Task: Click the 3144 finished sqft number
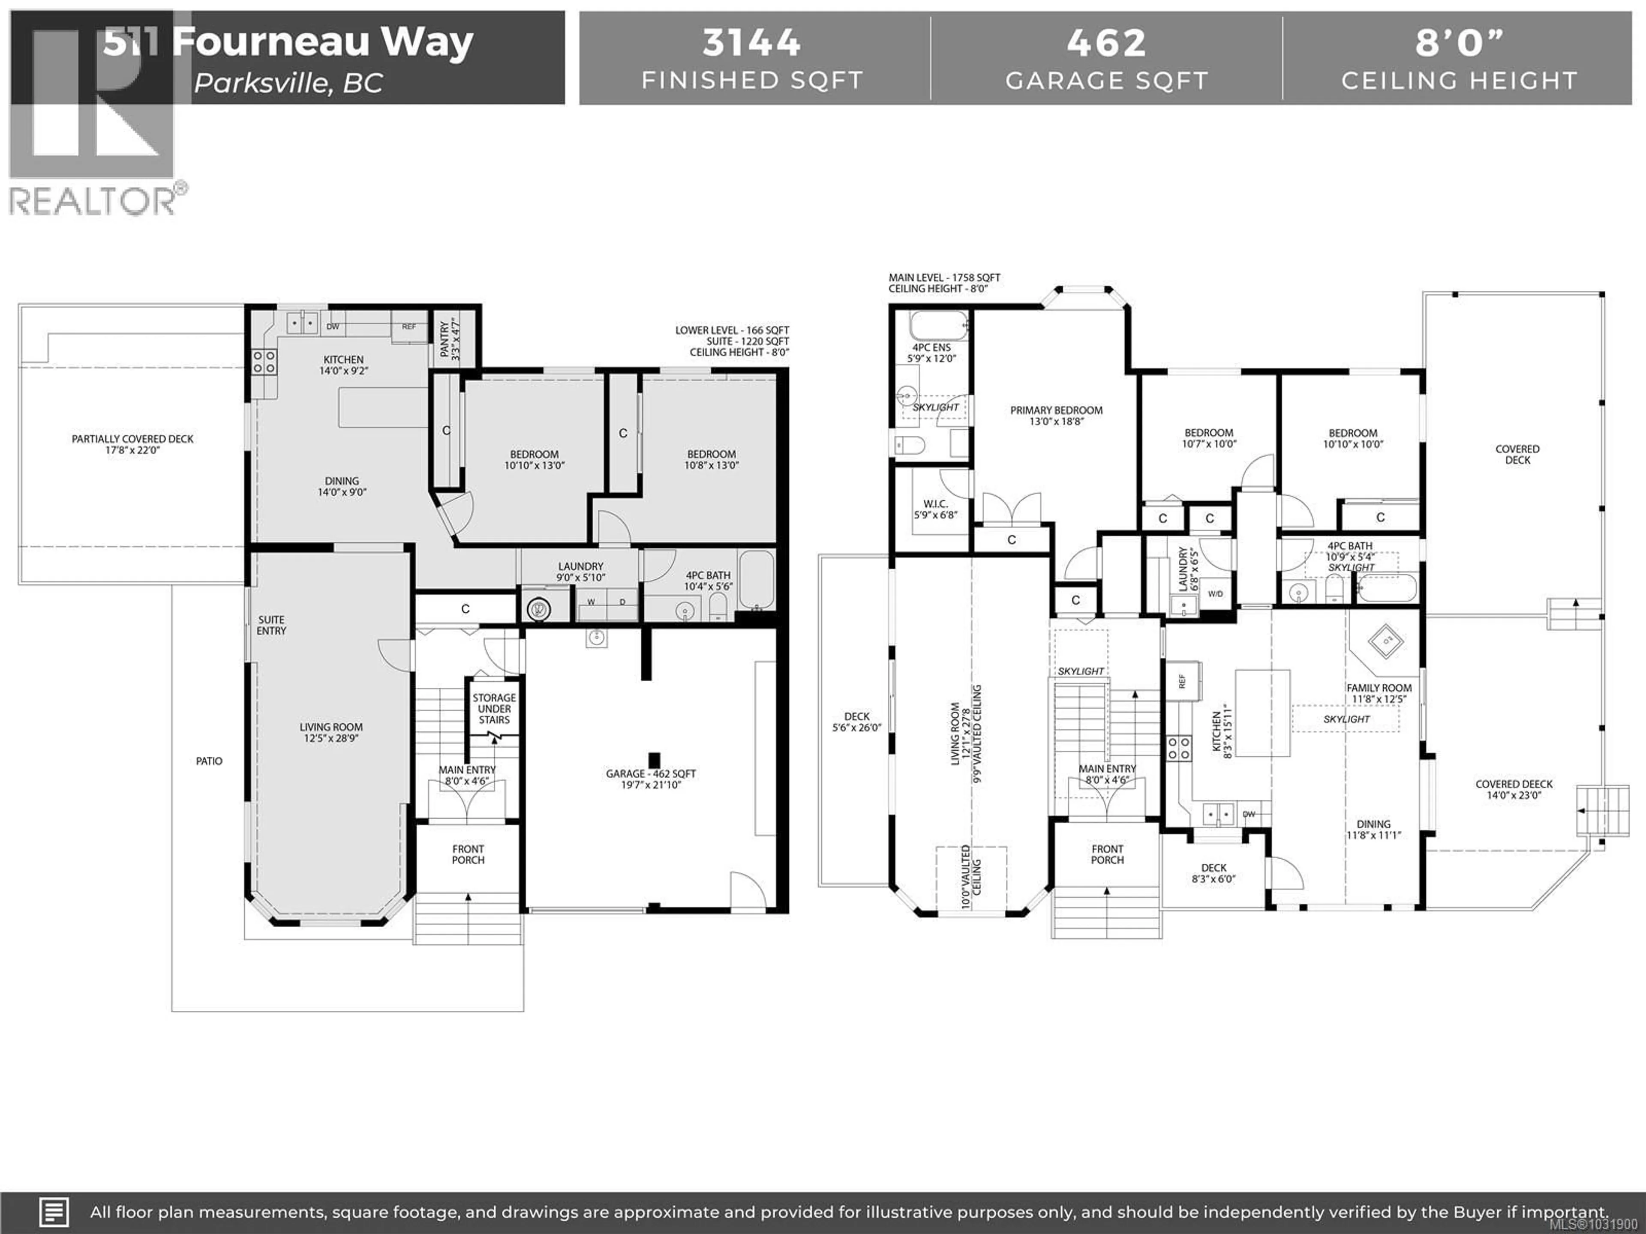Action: (x=751, y=42)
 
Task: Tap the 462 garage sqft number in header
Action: (x=1106, y=42)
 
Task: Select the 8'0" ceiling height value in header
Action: (x=1459, y=42)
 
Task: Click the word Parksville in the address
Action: (x=262, y=83)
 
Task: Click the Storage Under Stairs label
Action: (x=494, y=708)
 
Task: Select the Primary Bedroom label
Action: (x=1056, y=410)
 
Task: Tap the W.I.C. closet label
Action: (x=935, y=503)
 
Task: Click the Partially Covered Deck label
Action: (x=132, y=439)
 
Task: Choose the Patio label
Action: (x=209, y=761)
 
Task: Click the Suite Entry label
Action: (x=272, y=625)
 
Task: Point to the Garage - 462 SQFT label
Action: (x=650, y=773)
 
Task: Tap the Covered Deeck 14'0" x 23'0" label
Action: (x=1514, y=789)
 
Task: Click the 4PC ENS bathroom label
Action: (x=931, y=347)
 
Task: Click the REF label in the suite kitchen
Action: (x=408, y=326)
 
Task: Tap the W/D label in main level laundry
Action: (x=1215, y=593)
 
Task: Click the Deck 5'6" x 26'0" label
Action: (x=856, y=722)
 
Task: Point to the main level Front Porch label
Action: (x=1107, y=854)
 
